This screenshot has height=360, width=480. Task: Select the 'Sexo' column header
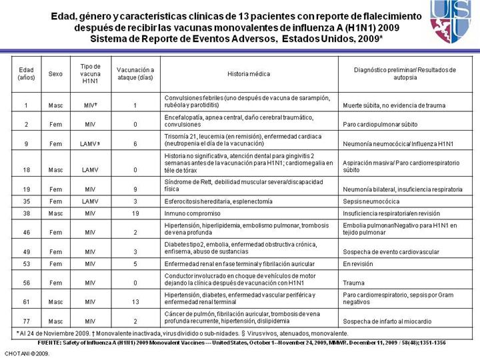(56, 73)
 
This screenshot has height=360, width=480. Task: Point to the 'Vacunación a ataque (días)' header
(135, 73)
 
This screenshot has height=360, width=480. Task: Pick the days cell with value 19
(135, 213)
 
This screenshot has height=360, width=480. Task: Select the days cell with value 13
(135, 302)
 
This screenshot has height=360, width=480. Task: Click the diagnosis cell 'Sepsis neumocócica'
(371, 201)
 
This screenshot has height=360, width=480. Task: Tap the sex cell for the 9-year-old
(56, 143)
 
